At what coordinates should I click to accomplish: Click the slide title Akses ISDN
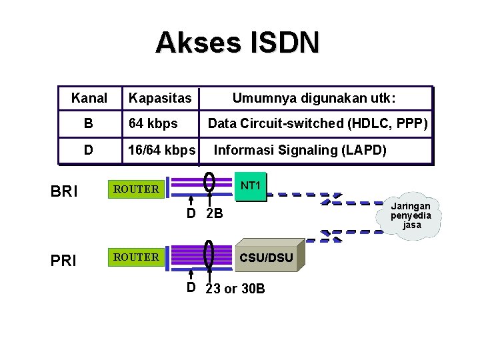[x=237, y=42]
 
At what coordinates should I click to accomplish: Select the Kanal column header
[x=89, y=99]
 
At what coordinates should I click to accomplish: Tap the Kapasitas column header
[x=160, y=99]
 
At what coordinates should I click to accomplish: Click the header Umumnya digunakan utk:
[x=313, y=99]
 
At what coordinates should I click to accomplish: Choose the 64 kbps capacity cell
[x=153, y=124]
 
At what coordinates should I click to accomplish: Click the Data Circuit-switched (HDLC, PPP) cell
[x=317, y=124]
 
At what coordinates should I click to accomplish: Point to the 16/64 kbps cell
[x=162, y=150]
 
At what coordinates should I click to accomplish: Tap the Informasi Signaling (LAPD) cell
[x=299, y=150]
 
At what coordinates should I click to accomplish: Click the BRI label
[x=64, y=191]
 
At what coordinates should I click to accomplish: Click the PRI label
[x=63, y=260]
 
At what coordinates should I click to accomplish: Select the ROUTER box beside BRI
[x=136, y=189]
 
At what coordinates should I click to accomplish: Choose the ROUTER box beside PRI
[x=136, y=257]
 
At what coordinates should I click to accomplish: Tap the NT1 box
[x=251, y=186]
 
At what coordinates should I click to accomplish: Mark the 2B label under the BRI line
[x=214, y=215]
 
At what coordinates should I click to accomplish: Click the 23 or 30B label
[x=235, y=289]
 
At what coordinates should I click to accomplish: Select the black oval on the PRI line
[x=209, y=255]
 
